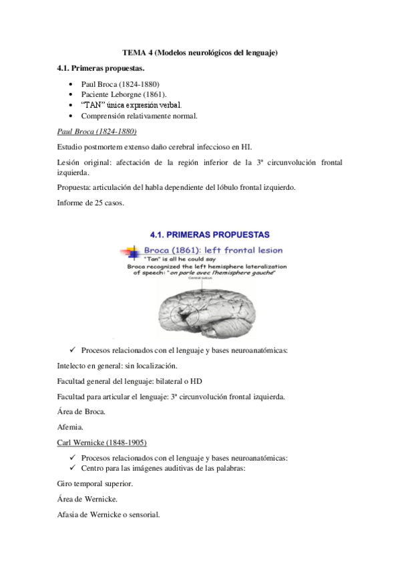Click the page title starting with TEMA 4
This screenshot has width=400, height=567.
click(x=200, y=52)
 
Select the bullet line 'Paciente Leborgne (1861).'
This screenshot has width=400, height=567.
click(x=124, y=95)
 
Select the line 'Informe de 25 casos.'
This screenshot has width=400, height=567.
click(x=91, y=203)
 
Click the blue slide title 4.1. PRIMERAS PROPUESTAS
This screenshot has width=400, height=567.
click(x=208, y=235)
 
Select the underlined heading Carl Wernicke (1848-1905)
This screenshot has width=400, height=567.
click(x=102, y=443)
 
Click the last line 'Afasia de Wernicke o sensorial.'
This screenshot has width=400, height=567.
click(x=109, y=515)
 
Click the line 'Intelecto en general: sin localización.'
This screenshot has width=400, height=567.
click(x=118, y=366)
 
